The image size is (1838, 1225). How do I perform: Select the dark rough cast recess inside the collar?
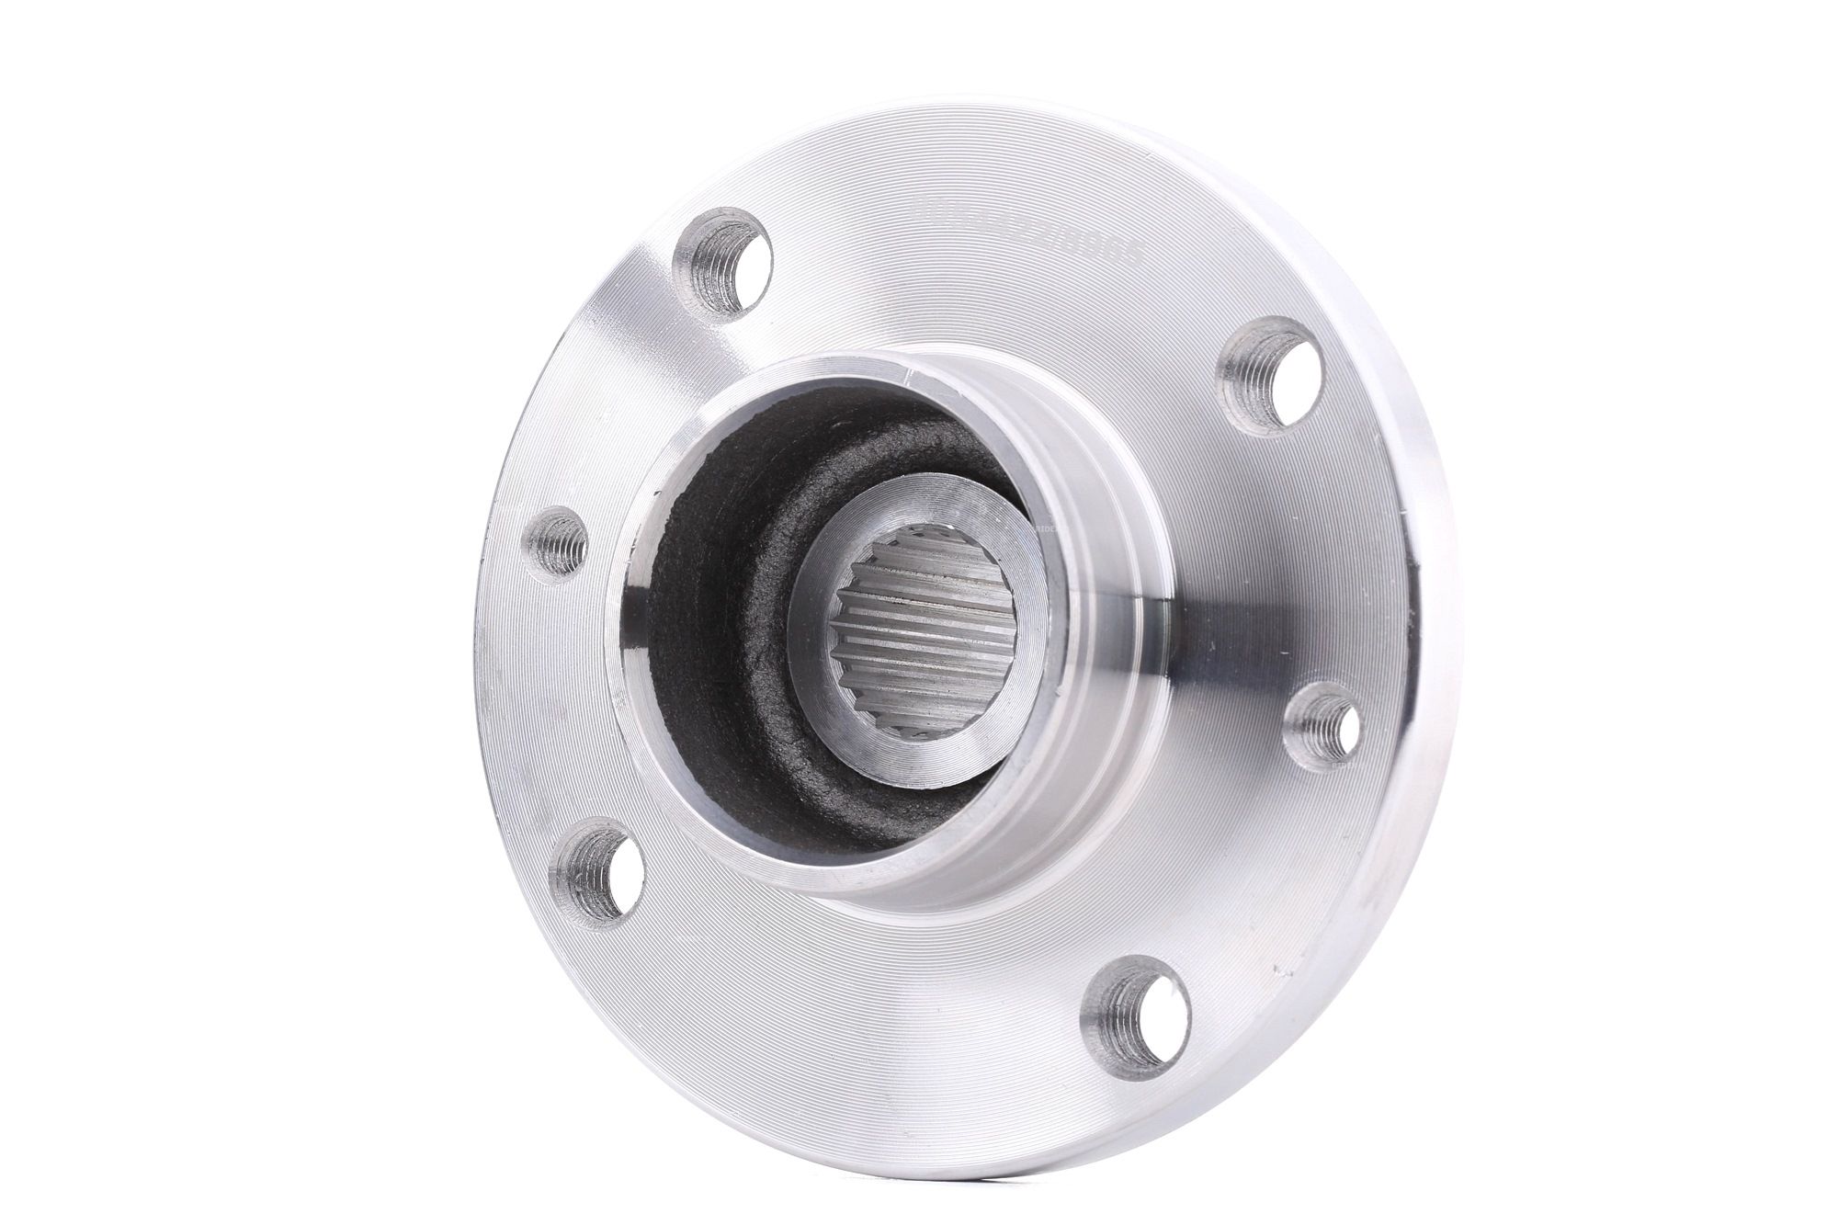pos(726,662)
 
